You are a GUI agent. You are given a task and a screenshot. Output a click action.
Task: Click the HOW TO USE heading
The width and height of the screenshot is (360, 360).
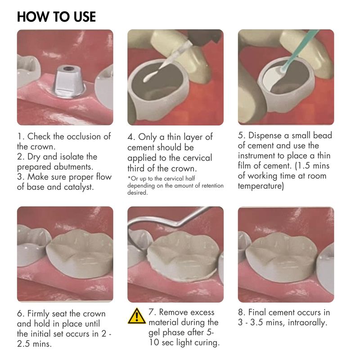[x=57, y=17]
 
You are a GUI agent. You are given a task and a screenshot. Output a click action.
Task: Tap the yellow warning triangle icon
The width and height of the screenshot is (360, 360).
[x=137, y=316]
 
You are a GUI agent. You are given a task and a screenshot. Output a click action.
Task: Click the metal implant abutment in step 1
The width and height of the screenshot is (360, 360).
[x=68, y=82]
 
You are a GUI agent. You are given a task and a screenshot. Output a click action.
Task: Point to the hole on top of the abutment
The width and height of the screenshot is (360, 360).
[x=68, y=68]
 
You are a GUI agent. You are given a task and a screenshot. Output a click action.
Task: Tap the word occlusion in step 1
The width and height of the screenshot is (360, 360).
[x=84, y=137]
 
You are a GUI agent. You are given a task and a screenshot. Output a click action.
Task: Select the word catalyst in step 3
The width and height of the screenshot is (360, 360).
[x=79, y=187]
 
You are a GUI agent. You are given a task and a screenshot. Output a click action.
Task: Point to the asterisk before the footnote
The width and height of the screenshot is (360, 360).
[x=129, y=177]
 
